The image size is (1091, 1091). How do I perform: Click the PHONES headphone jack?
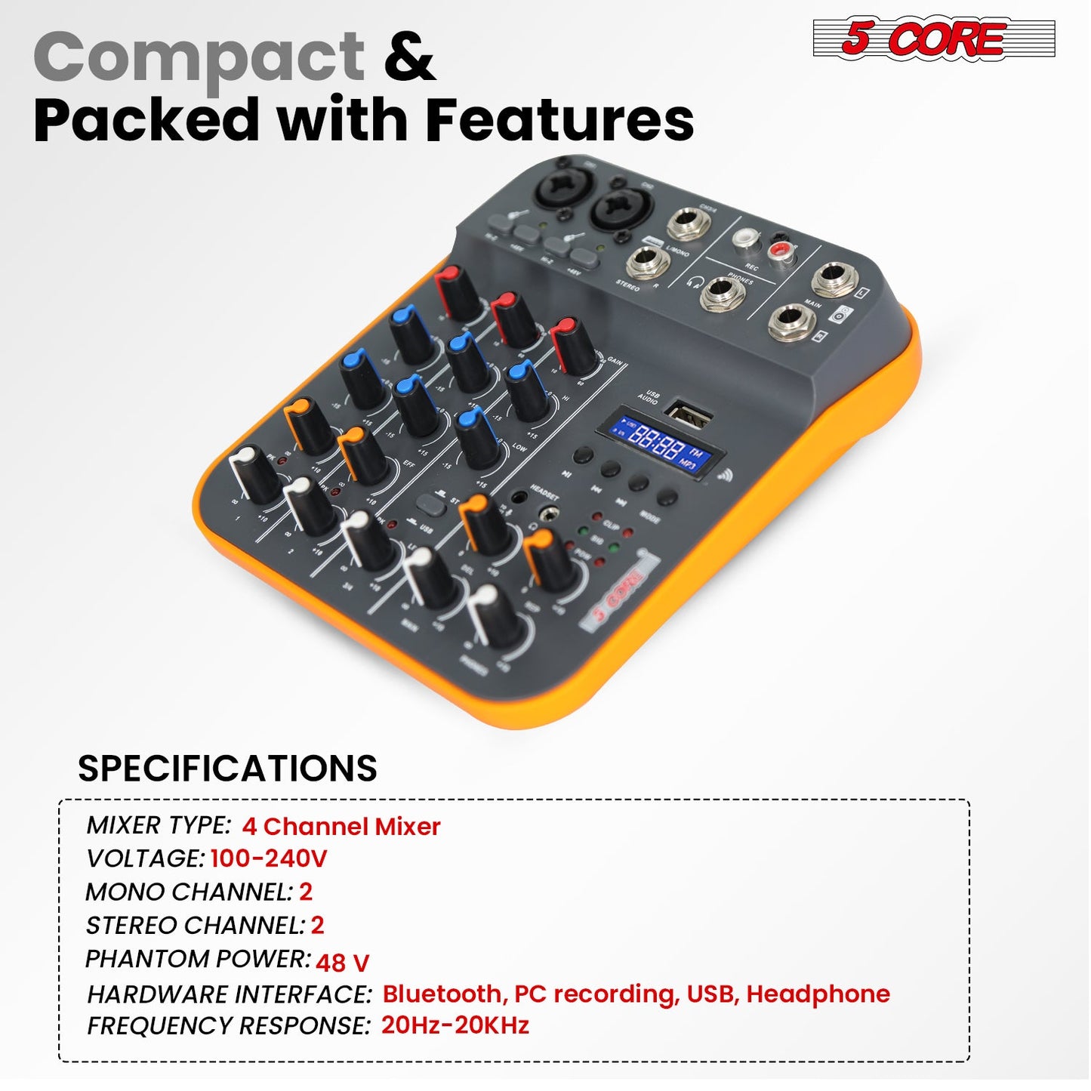[x=722, y=293]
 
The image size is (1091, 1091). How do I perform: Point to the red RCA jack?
[x=781, y=249]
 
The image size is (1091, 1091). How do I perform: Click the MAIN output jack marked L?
[x=834, y=279]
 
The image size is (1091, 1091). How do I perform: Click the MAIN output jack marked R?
[x=792, y=322]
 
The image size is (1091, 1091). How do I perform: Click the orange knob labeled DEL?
[x=483, y=522]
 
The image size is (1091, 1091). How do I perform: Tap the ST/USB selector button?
[x=431, y=504]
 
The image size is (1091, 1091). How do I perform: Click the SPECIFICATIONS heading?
[x=227, y=769]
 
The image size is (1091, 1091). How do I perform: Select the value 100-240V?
[x=269, y=858]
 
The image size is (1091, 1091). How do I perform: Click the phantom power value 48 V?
[x=342, y=963]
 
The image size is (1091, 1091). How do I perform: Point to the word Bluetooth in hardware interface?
[x=442, y=994]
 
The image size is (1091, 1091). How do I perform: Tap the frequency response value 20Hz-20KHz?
[x=455, y=1025]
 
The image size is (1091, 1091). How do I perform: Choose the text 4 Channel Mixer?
[x=341, y=826]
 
